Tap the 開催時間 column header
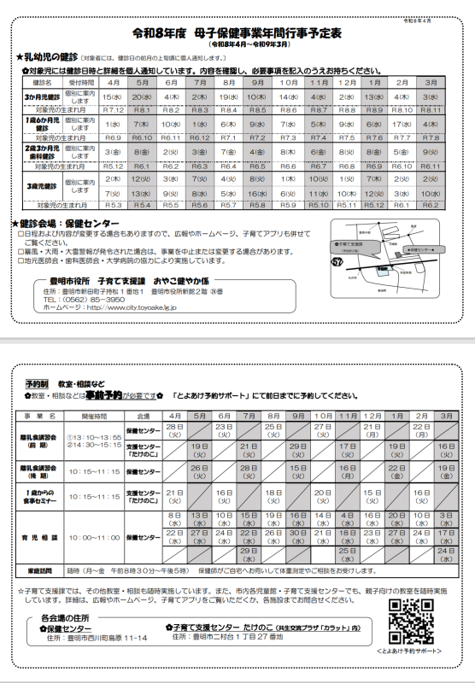(95, 415)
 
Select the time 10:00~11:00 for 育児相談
(95, 538)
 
